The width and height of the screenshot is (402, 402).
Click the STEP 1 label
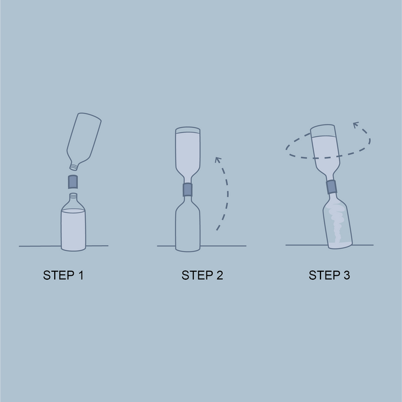63,275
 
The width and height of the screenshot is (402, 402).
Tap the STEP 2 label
202,275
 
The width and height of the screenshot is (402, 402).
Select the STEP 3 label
329,275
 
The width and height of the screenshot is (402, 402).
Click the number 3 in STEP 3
346,275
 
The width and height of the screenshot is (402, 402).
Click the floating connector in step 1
73,182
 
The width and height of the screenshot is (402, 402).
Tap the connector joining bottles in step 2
188,189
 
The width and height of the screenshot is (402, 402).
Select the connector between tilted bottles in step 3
332,186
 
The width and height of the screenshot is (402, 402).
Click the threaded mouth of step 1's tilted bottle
74,167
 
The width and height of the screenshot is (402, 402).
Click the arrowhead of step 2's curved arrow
218,160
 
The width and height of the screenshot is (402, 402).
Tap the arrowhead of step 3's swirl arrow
356,125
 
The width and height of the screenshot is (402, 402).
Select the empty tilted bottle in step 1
84,141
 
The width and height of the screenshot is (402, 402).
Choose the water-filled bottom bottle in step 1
73,222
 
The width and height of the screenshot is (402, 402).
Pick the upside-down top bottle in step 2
188,155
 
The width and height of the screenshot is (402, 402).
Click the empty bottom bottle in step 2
188,223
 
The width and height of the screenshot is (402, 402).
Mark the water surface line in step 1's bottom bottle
73,210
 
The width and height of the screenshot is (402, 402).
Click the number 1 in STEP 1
81,275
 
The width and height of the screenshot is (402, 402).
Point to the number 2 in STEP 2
219,275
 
